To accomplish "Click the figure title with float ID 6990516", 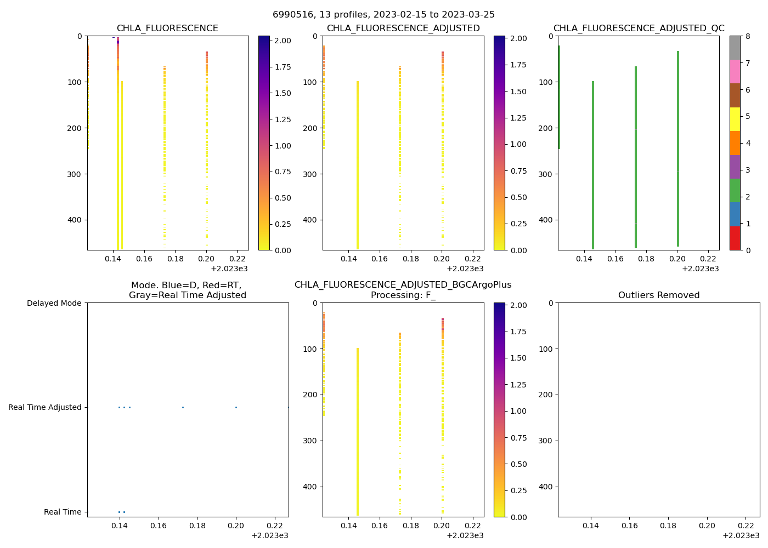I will tap(383, 15).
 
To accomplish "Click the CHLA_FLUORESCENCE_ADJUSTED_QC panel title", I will tap(639, 28).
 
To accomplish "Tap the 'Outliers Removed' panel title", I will tap(659, 295).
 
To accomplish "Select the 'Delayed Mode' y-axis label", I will tap(54, 303).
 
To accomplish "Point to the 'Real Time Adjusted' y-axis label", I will tap(45, 407).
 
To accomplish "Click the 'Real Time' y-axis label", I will tap(63, 512).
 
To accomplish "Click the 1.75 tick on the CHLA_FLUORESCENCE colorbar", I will tap(283, 67).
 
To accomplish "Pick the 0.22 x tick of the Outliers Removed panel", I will tap(746, 526).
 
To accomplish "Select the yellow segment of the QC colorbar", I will tap(735, 119).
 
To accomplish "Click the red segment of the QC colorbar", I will tap(735, 238).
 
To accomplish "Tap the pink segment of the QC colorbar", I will tap(735, 71).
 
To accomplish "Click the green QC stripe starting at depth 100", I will tap(593, 164).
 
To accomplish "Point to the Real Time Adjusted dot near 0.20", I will tap(236, 407).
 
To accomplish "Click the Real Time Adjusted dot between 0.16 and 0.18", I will tap(183, 407).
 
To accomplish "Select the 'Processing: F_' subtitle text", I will tap(403, 295).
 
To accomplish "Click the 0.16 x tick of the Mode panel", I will tap(159, 526).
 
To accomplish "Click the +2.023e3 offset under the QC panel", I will tap(700, 269).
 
